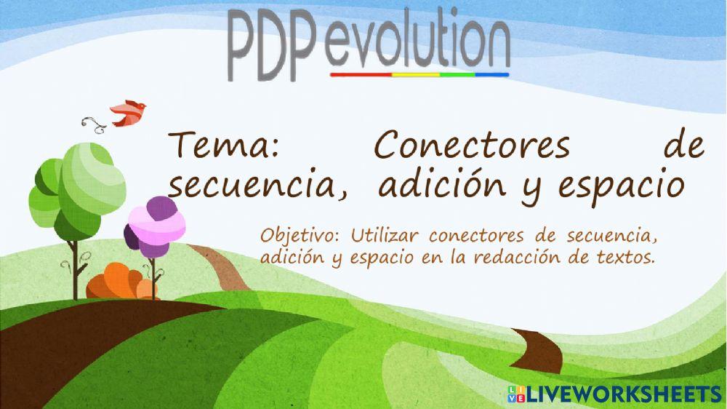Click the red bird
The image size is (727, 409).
point(127,111)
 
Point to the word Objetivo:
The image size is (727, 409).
point(300,237)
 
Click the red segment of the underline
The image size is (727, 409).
point(361,74)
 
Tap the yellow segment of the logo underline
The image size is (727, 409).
point(416,74)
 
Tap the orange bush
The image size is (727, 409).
point(120,282)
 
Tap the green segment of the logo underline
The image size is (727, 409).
point(457,74)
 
